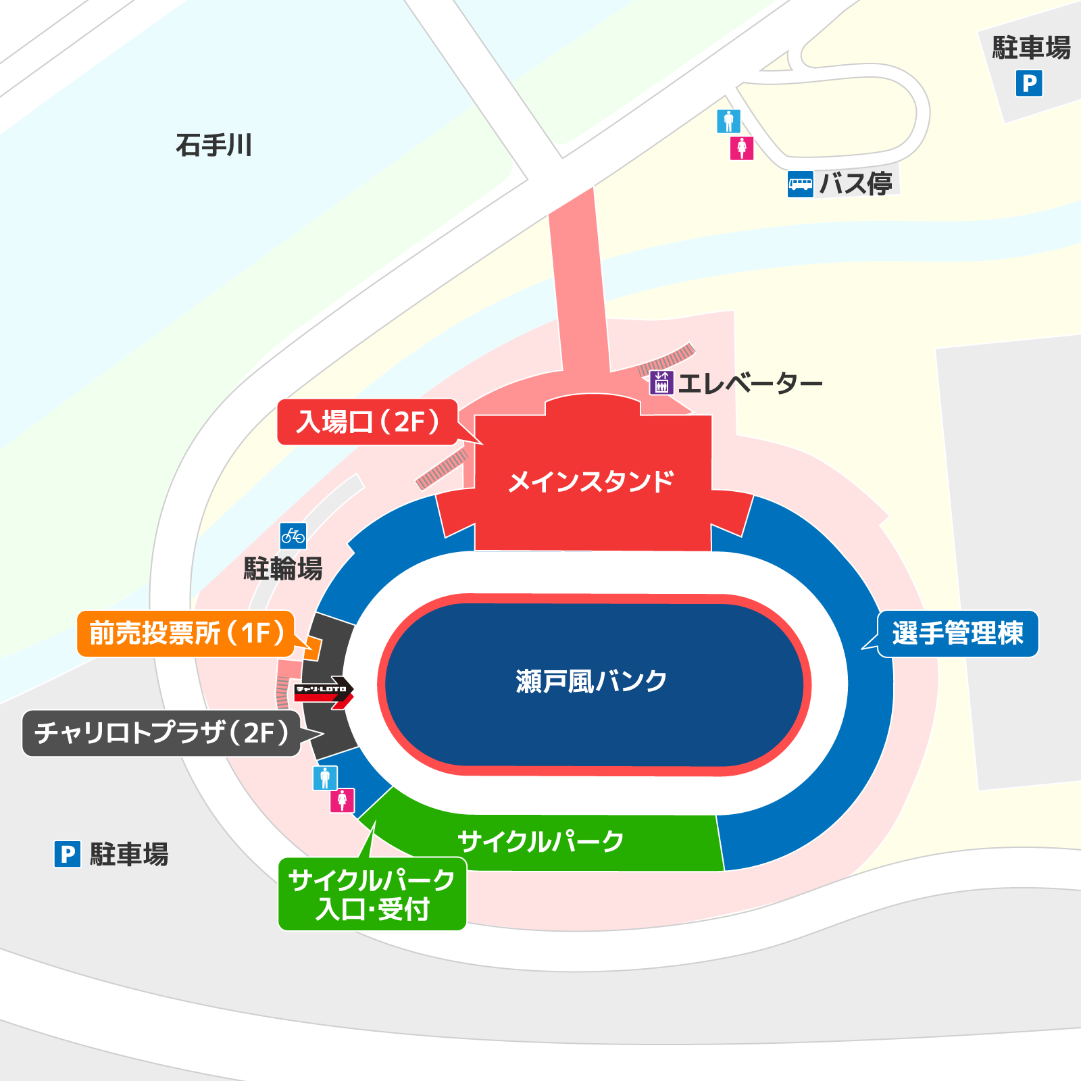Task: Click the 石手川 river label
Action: click(213, 145)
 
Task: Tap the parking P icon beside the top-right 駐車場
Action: click(1028, 84)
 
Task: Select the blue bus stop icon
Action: click(800, 184)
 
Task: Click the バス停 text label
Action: click(856, 184)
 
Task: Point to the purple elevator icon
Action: click(661, 383)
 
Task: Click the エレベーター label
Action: click(750, 384)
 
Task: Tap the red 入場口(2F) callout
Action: click(368, 422)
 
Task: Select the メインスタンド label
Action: click(591, 482)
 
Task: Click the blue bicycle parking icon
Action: click(293, 536)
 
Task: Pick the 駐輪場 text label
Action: click(283, 569)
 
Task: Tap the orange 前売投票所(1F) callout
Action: click(186, 634)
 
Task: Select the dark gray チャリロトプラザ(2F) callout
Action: click(162, 733)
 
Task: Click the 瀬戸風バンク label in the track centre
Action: click(591, 682)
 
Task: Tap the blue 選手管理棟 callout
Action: click(957, 634)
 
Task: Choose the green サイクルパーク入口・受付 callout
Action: click(372, 894)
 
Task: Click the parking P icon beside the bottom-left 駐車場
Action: click(68, 854)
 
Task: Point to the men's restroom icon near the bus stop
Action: click(728, 122)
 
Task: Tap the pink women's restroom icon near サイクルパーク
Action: click(342, 801)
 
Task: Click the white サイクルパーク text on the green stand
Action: click(540, 842)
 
